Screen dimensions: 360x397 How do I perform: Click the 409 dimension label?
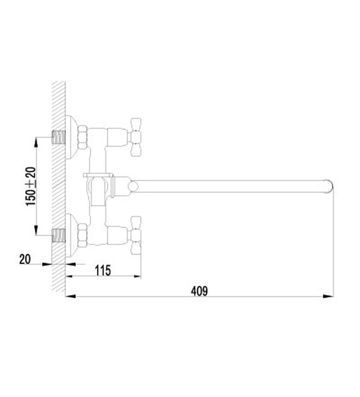(x=199, y=291)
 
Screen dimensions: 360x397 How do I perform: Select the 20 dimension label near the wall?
(x=25, y=259)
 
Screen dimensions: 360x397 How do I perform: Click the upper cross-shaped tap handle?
(x=135, y=137)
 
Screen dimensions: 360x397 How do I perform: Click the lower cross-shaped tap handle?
(x=135, y=235)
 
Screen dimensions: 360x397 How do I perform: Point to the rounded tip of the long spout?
(x=329, y=186)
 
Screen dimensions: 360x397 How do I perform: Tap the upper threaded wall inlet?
(x=58, y=137)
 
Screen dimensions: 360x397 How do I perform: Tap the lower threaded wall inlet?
(x=58, y=235)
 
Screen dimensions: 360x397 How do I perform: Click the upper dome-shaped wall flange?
(x=71, y=137)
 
